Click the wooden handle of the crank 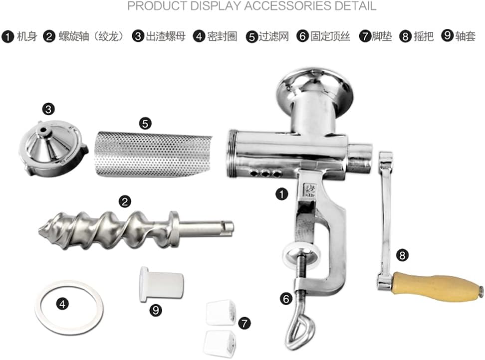[x=438, y=287]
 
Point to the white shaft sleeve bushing [x=161, y=284]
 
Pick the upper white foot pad [x=221, y=313]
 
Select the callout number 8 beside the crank [x=402, y=255]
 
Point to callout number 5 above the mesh [x=145, y=124]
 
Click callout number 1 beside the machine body [x=281, y=194]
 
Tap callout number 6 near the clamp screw [x=286, y=299]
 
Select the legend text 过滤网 [x=274, y=36]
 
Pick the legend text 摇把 [x=424, y=36]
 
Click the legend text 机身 [x=27, y=36]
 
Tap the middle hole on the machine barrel [x=265, y=174]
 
